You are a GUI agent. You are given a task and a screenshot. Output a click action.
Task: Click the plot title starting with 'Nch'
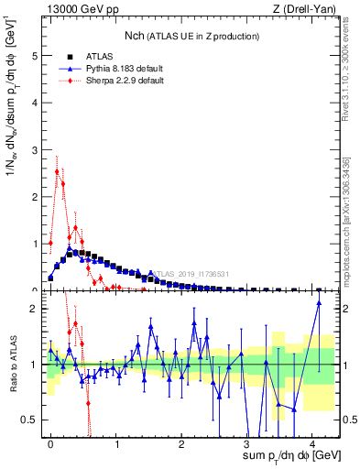(x=192, y=36)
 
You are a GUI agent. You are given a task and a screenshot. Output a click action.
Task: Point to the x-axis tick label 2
(x=181, y=442)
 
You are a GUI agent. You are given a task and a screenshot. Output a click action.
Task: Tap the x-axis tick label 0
(x=50, y=442)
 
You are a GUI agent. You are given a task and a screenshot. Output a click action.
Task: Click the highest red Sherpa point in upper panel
(x=57, y=171)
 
